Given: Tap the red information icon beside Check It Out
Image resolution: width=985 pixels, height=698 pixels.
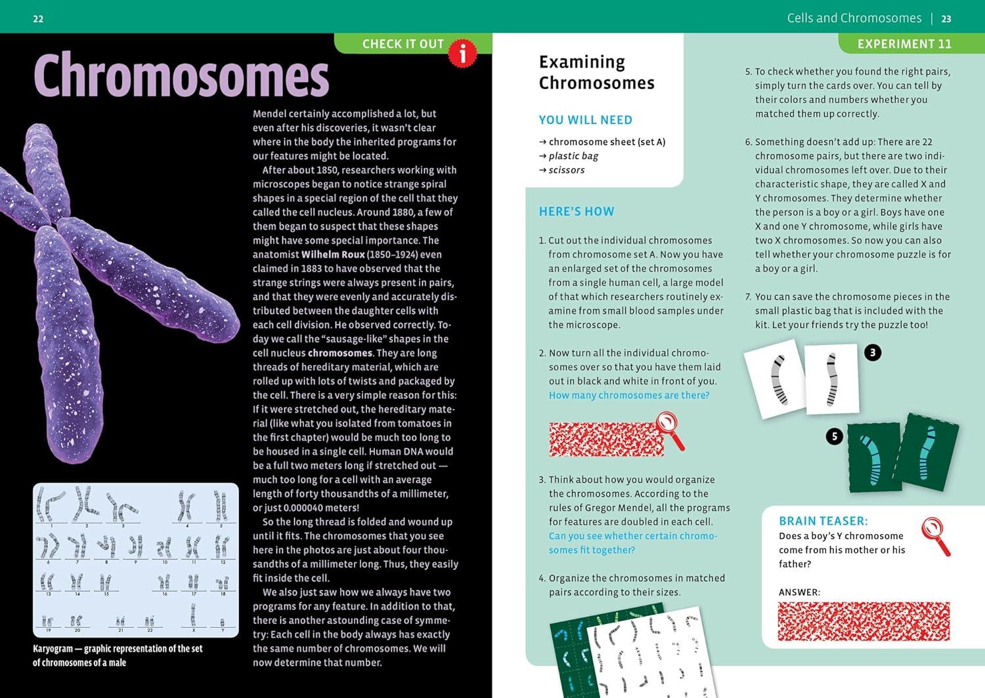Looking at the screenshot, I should point(462,52).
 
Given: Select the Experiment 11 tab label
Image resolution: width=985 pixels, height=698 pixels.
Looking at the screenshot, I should point(904,44).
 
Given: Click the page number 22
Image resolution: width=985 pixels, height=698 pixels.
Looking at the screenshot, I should point(38,19).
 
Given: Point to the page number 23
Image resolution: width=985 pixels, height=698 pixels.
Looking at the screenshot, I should point(946,19).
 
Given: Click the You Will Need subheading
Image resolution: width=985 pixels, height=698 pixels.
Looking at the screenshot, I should point(585,120).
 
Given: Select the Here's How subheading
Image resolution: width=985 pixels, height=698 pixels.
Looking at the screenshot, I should point(577,211).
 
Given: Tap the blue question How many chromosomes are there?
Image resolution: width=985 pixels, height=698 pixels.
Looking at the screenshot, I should point(629,395).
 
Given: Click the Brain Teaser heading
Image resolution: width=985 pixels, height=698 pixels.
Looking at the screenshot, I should point(823,521).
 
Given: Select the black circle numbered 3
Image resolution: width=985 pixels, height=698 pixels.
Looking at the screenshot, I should point(872,353).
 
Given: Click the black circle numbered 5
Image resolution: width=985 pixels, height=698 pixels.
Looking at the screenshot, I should point(834,436).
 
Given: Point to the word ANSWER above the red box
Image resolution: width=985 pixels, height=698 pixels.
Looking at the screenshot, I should point(799,592).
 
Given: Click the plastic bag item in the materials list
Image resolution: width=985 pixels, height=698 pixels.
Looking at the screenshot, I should point(573,156).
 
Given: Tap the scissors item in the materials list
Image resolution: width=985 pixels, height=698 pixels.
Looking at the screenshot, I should point(566,170).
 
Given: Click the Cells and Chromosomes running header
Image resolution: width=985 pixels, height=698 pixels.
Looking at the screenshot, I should point(854,18).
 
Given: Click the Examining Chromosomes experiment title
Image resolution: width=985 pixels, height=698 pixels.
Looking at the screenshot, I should point(596,72).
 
